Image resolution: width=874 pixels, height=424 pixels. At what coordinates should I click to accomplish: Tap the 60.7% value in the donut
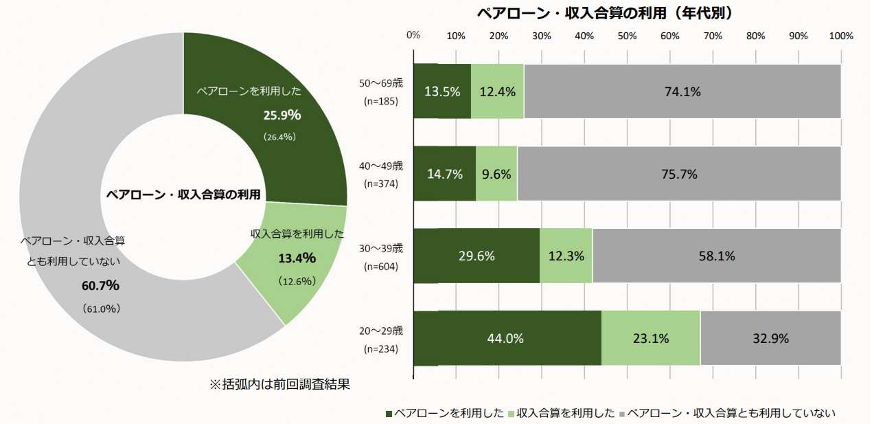(x=101, y=285)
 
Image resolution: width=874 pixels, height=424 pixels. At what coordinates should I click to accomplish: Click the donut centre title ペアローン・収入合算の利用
(x=183, y=194)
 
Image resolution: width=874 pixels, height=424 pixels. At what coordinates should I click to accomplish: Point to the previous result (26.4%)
(x=279, y=137)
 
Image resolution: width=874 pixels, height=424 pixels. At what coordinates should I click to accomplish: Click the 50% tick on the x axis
(x=627, y=36)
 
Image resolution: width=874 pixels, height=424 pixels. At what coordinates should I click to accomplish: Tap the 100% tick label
(x=841, y=36)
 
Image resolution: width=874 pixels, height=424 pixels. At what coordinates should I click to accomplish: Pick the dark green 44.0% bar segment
(x=507, y=338)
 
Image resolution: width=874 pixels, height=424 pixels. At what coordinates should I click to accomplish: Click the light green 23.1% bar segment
(x=651, y=338)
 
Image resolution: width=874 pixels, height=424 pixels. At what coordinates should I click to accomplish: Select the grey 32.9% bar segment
(x=770, y=338)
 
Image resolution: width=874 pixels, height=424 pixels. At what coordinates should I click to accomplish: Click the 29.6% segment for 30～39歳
(x=476, y=256)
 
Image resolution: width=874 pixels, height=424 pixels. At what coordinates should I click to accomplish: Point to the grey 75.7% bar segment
(x=678, y=174)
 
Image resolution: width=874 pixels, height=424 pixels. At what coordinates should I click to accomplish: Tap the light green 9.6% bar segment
(x=496, y=174)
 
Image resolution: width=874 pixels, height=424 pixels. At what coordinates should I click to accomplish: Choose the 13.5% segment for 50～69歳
(x=442, y=91)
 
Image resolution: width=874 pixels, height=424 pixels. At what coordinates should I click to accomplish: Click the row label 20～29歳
(x=381, y=331)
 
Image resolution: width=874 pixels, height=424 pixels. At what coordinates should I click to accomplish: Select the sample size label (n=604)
(x=381, y=266)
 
